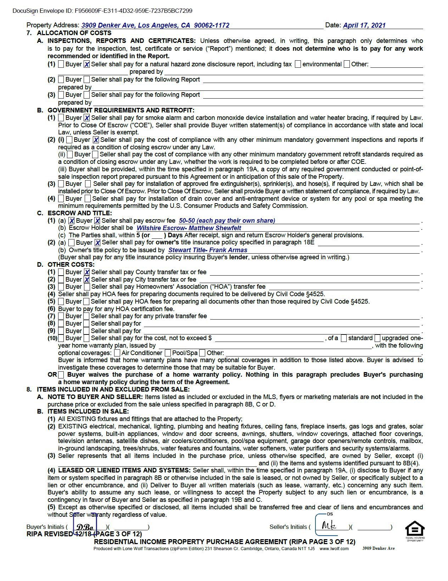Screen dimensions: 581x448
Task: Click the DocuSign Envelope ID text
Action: pyautogui.click(x=102, y=11)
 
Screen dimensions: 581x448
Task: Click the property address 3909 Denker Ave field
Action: pyautogui.click(x=155, y=26)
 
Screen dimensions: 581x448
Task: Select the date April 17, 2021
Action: pyautogui.click(x=364, y=26)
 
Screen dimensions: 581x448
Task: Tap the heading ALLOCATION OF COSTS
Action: pyautogui.click(x=74, y=33)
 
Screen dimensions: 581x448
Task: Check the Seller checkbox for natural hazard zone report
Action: pyautogui.click(x=87, y=65)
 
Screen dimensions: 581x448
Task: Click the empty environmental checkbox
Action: pyautogui.click(x=298, y=64)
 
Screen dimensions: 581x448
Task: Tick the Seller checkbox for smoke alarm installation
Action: pyautogui.click(x=87, y=118)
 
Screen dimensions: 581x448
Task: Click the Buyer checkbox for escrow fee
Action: pyautogui.click(x=72, y=221)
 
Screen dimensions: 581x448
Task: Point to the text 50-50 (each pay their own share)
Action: pyautogui.click(x=227, y=221)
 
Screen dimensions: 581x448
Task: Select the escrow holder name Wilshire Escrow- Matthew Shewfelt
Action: pyautogui.click(x=189, y=228)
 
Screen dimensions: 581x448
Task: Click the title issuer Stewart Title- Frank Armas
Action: pyautogui.click(x=208, y=250)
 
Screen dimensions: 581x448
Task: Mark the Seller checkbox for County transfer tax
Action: pyautogui.click(x=87, y=272)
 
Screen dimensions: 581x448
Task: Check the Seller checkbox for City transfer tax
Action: pyautogui.click(x=87, y=280)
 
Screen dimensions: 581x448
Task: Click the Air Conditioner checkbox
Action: pyautogui.click(x=117, y=353)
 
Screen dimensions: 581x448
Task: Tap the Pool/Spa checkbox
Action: pyautogui.click(x=168, y=353)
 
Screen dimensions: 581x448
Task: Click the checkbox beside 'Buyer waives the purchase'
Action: pyautogui.click(x=61, y=375)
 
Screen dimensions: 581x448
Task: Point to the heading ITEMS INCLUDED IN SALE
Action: pyautogui.click(x=88, y=411)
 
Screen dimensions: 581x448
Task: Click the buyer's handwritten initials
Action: pyautogui.click(x=85, y=527)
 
